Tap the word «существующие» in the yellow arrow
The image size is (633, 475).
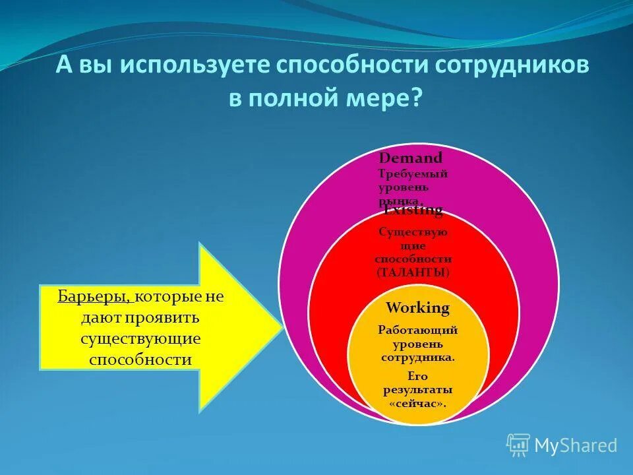[140, 338]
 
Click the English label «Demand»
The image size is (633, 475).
[410, 158]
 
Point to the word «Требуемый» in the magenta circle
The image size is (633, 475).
[413, 174]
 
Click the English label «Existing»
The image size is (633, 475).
[413, 210]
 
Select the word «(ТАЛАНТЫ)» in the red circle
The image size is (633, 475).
[413, 272]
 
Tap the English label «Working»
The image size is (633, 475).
[417, 307]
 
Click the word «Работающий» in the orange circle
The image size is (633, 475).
[417, 331]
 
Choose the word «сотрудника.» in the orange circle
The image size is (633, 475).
[417, 358]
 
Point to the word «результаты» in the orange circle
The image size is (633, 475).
[417, 390]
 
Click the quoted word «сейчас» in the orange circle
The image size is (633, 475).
[417, 403]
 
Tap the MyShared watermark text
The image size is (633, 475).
[576, 446]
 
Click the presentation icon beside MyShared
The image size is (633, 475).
[518, 445]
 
